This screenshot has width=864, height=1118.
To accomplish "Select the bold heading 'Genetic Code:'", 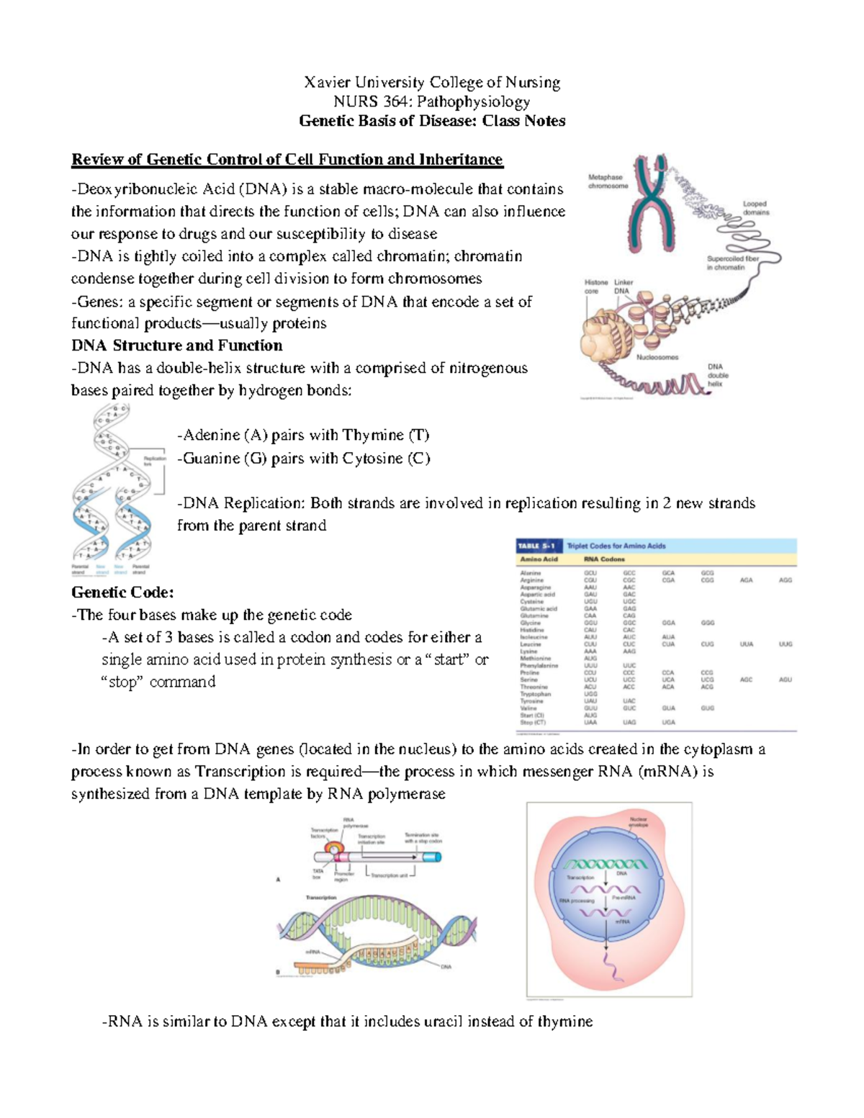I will coord(122,592).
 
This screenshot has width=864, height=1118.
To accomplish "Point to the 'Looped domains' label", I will coord(755,208).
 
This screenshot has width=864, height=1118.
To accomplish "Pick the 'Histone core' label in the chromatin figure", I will coord(595,287).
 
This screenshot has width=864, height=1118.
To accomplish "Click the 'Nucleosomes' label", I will coord(657,357).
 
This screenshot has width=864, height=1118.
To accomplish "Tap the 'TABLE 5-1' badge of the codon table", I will coord(536,546).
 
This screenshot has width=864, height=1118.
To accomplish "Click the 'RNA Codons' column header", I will coord(604,559).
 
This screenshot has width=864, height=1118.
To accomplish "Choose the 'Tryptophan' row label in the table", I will coord(536,694).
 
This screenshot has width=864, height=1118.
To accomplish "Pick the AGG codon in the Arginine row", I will coord(785,580).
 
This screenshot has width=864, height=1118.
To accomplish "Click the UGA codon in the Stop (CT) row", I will coord(668,722).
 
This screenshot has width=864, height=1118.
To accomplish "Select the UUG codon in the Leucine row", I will coord(785,644).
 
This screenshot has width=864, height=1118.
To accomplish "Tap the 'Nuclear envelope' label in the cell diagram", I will coord(639,822).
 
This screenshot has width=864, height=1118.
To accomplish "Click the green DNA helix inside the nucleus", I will coord(606,864).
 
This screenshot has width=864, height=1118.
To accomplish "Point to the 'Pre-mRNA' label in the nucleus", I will coord(624,898).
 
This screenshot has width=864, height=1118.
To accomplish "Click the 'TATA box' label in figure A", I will coord(318,874).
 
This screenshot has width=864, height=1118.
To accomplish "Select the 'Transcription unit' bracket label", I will coord(390,875).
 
